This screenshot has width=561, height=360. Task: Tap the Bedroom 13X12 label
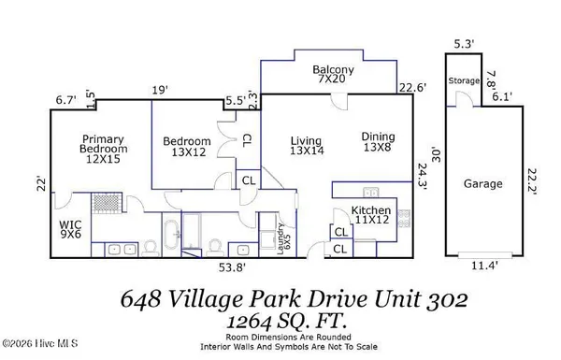click(187, 148)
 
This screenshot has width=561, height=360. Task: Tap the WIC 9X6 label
click(71, 229)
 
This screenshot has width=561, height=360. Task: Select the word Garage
click(482, 184)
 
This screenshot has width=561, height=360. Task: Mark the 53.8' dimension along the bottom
click(232, 267)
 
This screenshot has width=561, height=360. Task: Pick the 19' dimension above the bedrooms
click(160, 90)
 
